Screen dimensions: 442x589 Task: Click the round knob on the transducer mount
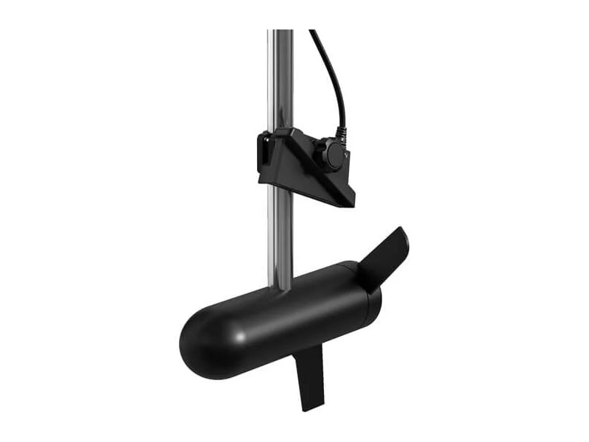tap(332, 157)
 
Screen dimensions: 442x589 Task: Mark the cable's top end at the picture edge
tap(313, 32)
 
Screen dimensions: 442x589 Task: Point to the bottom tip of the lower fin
tap(314, 407)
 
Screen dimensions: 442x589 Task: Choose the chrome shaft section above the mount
tap(280, 81)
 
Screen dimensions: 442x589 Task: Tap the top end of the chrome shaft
tap(280, 32)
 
